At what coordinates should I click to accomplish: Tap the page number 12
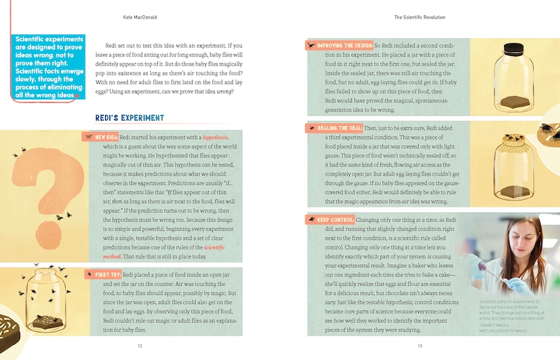click(x=140, y=346)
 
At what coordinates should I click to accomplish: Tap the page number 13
click(x=419, y=346)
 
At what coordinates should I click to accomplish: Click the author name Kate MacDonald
click(x=140, y=17)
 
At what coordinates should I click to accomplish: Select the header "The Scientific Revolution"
click(x=419, y=17)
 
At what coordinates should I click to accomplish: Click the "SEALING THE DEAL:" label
click(x=339, y=129)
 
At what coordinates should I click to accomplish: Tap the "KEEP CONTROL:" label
click(x=337, y=220)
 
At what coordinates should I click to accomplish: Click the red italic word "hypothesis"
click(x=215, y=138)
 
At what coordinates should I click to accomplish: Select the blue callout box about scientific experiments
click(x=50, y=67)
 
